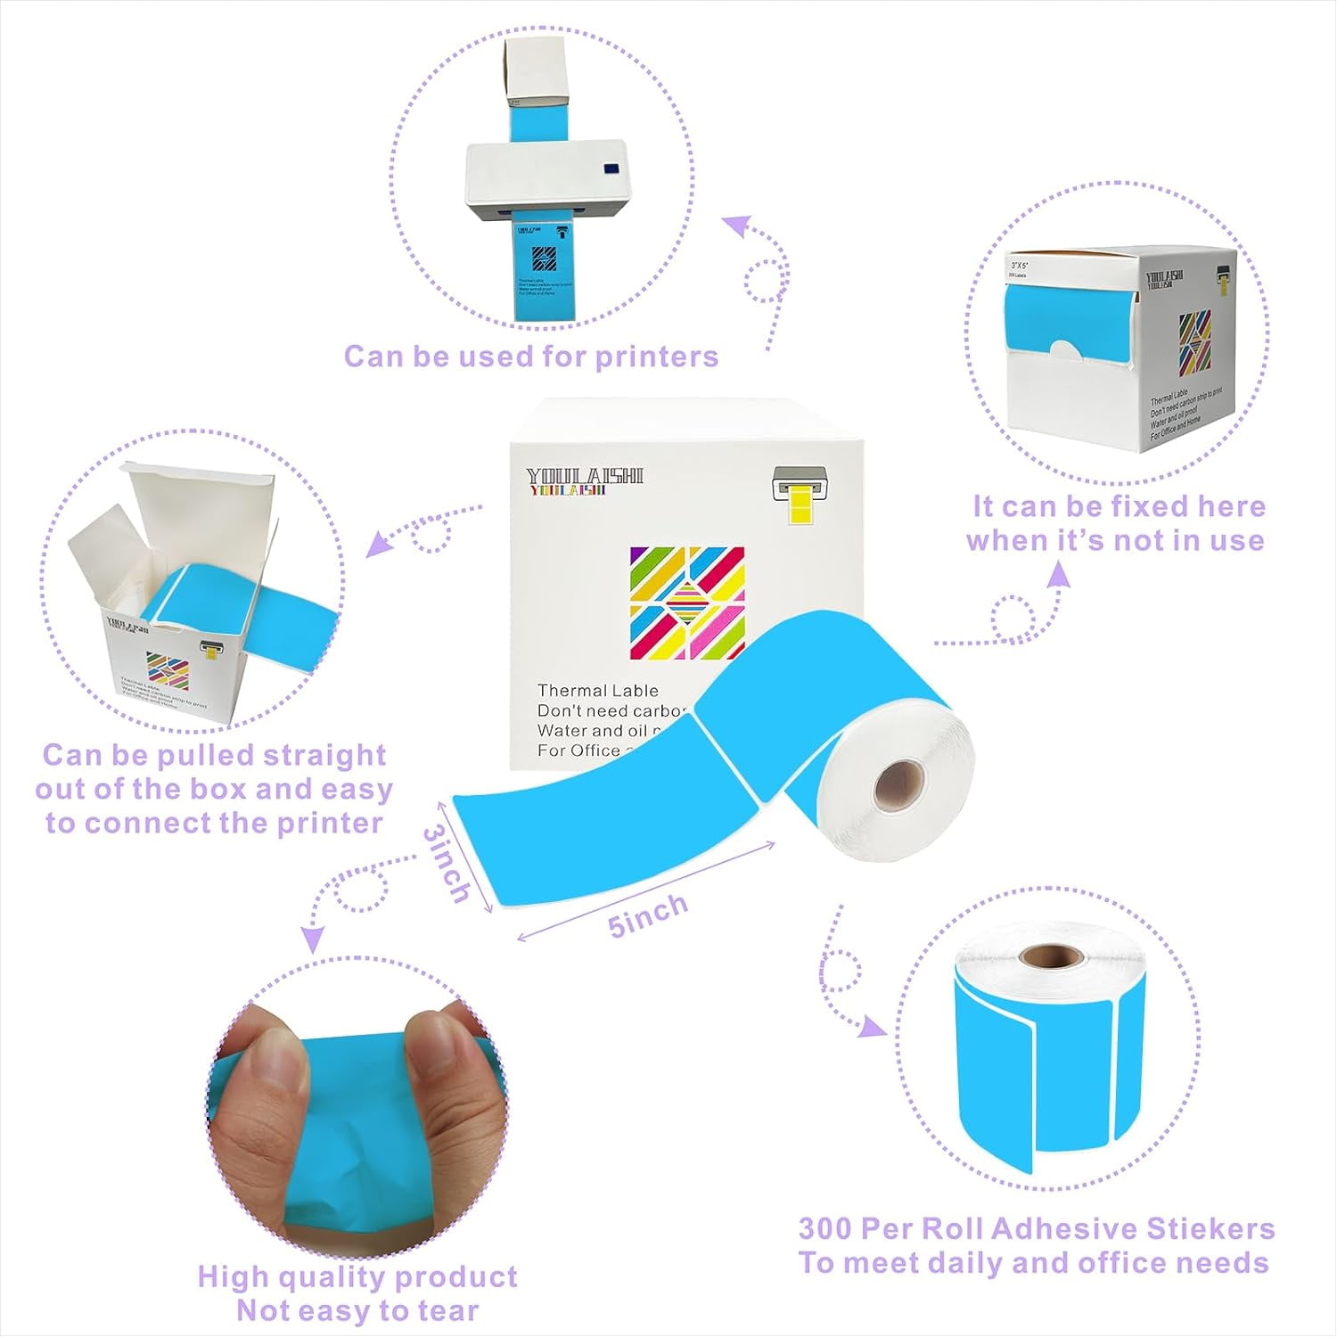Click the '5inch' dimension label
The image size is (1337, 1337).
[x=648, y=915]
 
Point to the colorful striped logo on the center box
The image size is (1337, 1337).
[x=686, y=603]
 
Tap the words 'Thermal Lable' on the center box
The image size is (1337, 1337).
[x=597, y=691]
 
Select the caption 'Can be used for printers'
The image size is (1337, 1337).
[x=531, y=357]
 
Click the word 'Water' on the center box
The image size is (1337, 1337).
[x=562, y=730]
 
